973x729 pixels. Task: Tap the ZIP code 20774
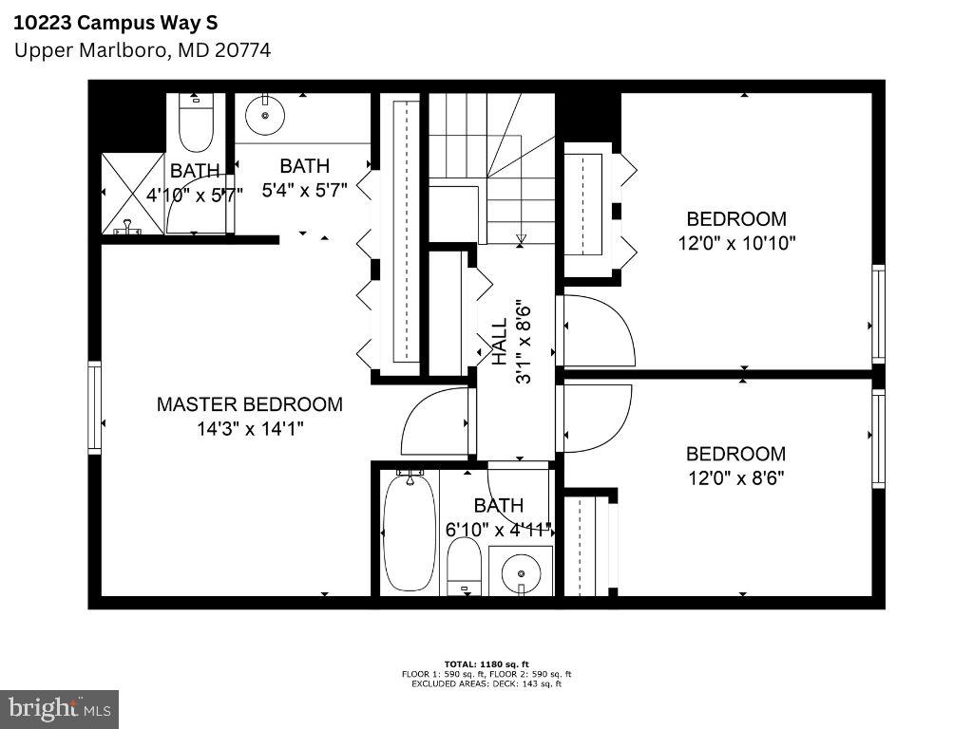(240, 50)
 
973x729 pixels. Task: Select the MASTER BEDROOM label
(249, 404)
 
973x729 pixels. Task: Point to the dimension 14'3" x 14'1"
(250, 429)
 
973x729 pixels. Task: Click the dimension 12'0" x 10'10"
(736, 243)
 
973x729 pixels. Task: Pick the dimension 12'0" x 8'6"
(735, 478)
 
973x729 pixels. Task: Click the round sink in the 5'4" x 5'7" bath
(264, 116)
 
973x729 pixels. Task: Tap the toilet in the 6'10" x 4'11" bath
(464, 564)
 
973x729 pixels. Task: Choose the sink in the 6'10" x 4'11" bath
(521, 572)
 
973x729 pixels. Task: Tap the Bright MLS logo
(59, 707)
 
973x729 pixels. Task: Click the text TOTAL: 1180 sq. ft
(486, 664)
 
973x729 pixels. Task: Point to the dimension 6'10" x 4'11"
(498, 531)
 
